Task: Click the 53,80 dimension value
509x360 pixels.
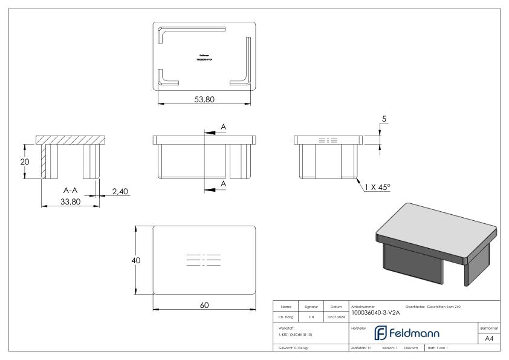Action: (x=204, y=100)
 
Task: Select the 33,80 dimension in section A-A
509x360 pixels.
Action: (x=70, y=201)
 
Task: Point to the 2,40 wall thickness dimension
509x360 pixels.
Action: (x=120, y=191)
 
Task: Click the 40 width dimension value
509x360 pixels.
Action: (x=137, y=260)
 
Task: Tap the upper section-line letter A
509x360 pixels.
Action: (x=223, y=126)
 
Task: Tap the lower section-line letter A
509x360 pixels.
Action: (x=223, y=183)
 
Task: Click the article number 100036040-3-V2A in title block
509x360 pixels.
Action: (x=374, y=313)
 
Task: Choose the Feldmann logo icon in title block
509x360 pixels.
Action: (x=379, y=333)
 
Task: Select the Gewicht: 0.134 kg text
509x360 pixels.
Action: (x=294, y=349)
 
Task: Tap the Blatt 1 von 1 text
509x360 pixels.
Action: (x=441, y=349)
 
